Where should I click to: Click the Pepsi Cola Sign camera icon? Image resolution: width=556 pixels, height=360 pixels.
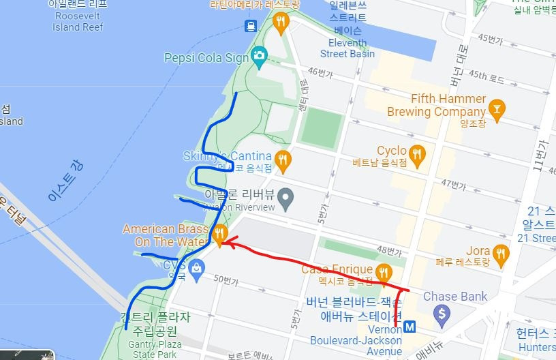(x=258, y=57)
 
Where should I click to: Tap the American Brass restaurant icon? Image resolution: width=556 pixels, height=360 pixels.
(x=219, y=236)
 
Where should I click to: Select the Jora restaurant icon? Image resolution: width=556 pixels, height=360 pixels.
(x=501, y=254)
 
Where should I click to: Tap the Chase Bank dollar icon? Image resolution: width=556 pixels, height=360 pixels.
(x=443, y=314)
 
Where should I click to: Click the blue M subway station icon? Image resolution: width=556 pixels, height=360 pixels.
(x=410, y=326)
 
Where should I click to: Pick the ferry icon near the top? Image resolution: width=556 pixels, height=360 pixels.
(x=251, y=26)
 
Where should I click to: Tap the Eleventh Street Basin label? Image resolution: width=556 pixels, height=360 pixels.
(x=347, y=48)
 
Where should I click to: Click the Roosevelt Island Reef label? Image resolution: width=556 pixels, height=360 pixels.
(x=78, y=21)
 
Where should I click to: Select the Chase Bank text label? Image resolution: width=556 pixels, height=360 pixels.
(x=455, y=297)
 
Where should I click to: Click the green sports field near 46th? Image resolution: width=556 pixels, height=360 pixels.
(x=321, y=127)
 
